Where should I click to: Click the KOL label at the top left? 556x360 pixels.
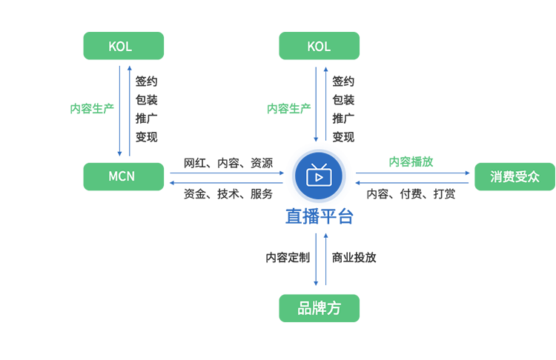point(120,47)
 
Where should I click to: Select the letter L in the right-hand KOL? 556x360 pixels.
point(327,47)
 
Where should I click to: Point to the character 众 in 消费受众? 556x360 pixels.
point(532,178)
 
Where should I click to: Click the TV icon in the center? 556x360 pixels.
point(318,176)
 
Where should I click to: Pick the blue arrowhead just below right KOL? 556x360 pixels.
point(316,70)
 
